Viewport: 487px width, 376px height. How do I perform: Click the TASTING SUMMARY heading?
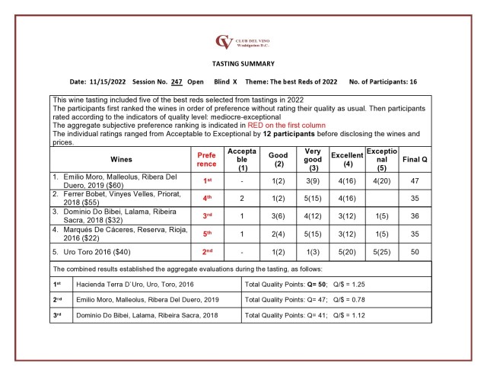click(x=243, y=64)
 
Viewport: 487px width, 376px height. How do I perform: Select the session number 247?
click(x=176, y=81)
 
